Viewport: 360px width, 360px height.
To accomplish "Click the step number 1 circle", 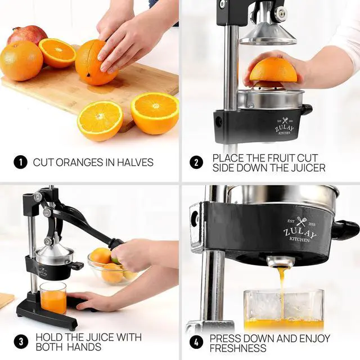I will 20,163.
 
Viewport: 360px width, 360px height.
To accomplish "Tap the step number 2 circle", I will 196,163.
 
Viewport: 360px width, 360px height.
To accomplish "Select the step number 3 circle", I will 20,341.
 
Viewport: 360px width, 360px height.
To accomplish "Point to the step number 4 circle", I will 196,341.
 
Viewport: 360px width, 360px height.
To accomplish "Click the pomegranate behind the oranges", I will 26,35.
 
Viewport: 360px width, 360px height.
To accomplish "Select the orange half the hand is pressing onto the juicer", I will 273,70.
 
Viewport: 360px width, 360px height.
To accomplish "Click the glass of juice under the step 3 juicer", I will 53,298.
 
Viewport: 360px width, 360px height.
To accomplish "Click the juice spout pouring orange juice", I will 278,262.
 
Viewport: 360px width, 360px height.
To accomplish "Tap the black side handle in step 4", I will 344,229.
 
